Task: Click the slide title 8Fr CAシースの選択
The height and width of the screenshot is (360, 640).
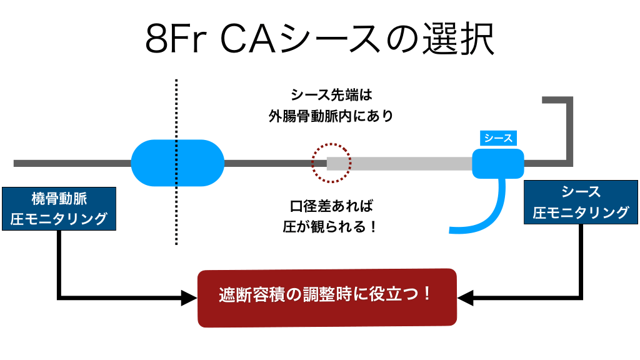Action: click(x=319, y=40)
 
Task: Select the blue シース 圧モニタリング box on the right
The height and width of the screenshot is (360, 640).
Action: click(x=581, y=202)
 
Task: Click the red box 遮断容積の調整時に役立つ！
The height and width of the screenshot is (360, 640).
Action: click(x=327, y=297)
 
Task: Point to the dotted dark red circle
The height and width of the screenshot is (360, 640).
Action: click(x=331, y=163)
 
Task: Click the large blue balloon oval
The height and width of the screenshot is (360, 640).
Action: click(x=177, y=163)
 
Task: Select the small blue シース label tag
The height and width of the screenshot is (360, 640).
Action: click(x=499, y=138)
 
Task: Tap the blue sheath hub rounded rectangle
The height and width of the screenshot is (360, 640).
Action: click(x=497, y=164)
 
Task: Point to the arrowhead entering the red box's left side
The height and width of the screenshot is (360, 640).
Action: click(x=189, y=297)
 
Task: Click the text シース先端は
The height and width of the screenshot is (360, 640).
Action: click(x=331, y=95)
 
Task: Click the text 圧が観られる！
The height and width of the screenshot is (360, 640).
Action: click(x=331, y=226)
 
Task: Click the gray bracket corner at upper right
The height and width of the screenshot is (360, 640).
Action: click(x=570, y=100)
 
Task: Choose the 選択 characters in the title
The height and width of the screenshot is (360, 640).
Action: click(x=463, y=40)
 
